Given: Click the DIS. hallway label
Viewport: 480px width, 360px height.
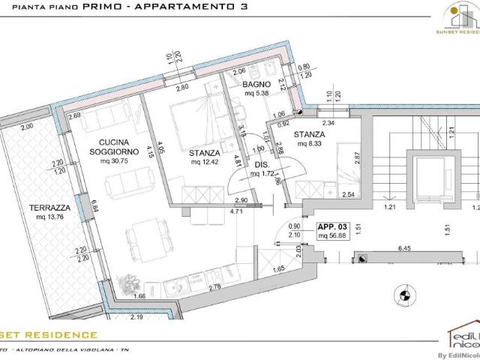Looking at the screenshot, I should [x=262, y=165].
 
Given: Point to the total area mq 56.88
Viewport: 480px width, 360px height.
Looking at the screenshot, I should [x=331, y=235].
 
